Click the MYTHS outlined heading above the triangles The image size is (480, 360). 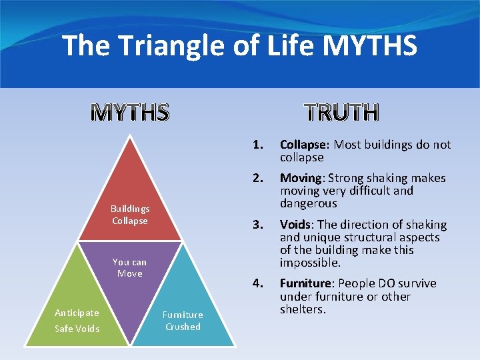point(129,113)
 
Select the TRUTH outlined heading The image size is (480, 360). point(342,113)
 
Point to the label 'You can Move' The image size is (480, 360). point(129,267)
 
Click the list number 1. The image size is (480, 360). point(257,145)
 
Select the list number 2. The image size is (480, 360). point(257,178)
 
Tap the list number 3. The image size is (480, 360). point(257,225)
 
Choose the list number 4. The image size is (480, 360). point(257,283)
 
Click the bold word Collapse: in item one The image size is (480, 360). point(305,145)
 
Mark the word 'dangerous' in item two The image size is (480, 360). point(308,203)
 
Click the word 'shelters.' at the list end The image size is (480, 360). point(303,309)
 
